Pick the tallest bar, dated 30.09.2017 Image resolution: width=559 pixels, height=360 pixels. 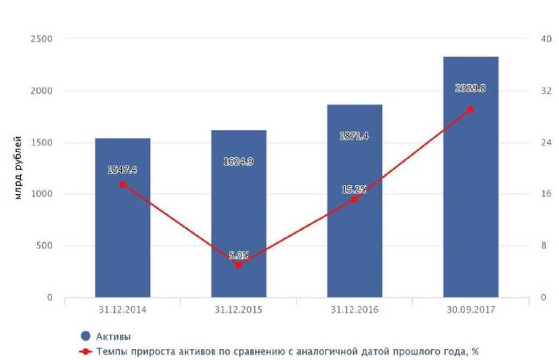471,202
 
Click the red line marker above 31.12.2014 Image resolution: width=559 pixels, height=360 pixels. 122,184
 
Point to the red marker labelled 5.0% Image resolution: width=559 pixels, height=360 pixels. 238,265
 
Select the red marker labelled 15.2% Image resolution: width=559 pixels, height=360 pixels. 355,199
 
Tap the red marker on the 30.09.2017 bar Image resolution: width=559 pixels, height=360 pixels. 471,109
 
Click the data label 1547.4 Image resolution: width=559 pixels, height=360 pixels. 122,170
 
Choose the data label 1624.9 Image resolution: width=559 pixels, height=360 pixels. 239,161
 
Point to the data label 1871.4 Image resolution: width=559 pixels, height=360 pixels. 355,137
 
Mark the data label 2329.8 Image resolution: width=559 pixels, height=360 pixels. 471,87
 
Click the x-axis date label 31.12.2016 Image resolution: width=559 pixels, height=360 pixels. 355,310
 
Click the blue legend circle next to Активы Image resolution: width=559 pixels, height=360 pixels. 85,336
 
